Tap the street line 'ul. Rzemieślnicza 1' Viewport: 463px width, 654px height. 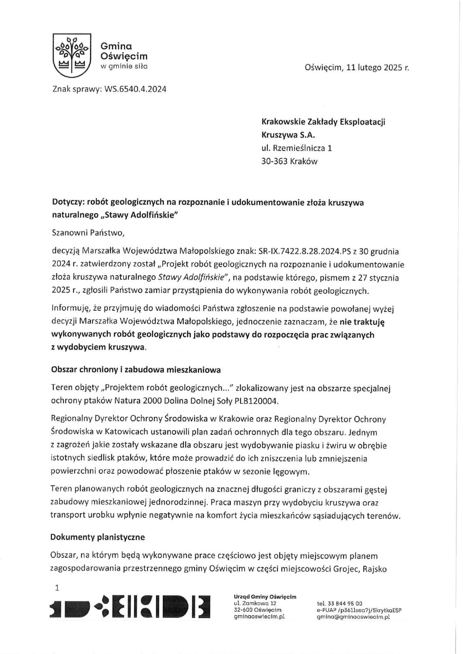pyautogui.click(x=296, y=148)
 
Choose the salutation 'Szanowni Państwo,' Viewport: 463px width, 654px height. pyautogui.click(x=88, y=233)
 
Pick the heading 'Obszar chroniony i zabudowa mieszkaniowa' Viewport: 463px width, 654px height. pyautogui.click(x=136, y=370)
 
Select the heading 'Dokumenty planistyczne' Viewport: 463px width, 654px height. pyautogui.click(x=98, y=537)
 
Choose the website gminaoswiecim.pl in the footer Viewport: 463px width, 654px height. pyautogui.click(x=259, y=617)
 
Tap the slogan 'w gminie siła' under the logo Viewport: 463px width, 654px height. pyautogui.click(x=124, y=66)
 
